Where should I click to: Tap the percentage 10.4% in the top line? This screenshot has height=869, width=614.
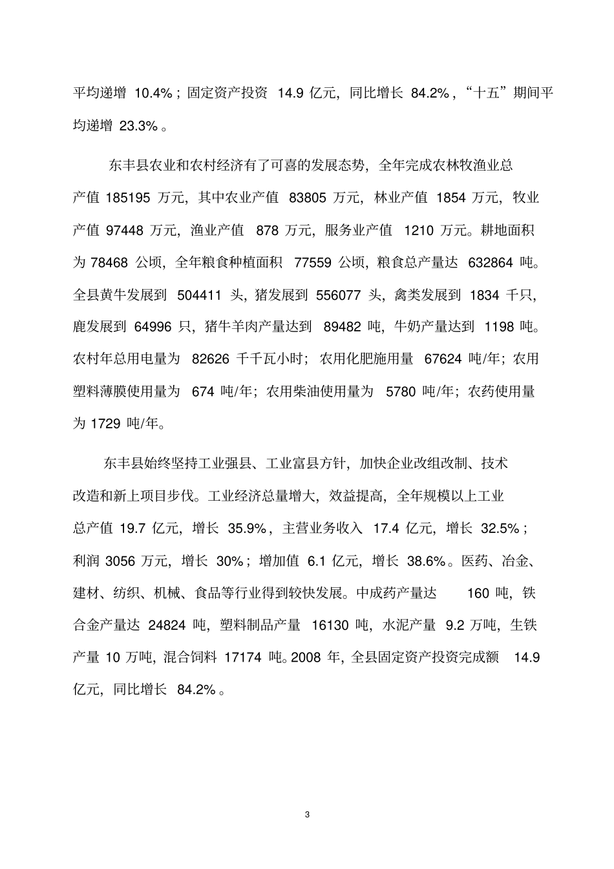[153, 93]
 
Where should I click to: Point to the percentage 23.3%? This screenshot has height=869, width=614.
[140, 125]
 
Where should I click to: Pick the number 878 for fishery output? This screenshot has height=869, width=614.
[267, 230]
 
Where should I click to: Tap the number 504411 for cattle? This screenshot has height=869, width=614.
[196, 295]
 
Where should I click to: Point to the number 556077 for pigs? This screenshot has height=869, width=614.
[338, 295]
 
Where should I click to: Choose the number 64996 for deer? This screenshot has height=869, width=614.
[153, 328]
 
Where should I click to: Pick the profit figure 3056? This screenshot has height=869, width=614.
[120, 561]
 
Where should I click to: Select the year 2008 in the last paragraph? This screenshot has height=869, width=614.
[306, 658]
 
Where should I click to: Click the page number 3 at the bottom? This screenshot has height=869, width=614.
[307, 815]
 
